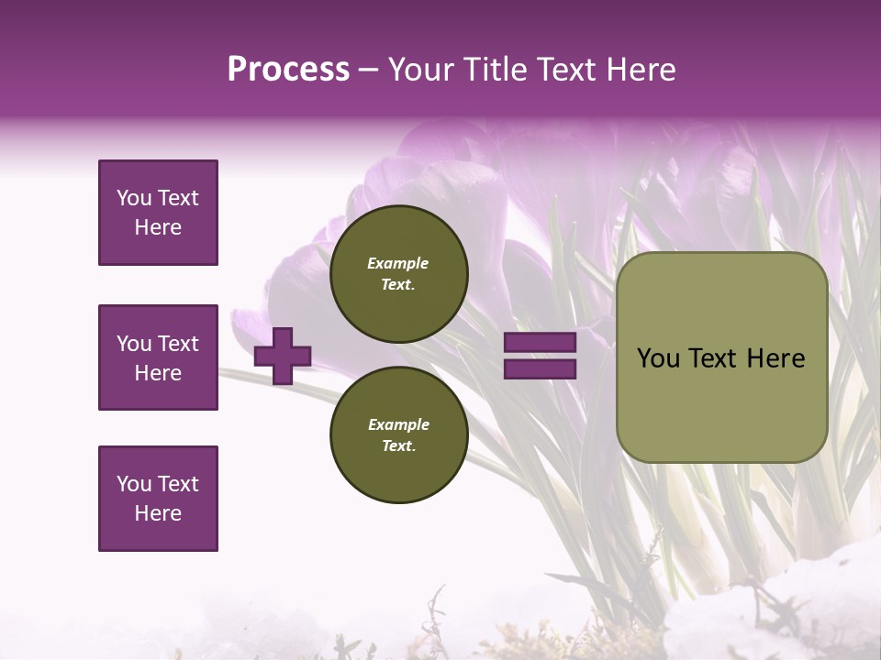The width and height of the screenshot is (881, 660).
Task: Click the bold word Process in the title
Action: (288, 70)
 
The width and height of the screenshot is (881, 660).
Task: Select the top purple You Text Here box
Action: (158, 213)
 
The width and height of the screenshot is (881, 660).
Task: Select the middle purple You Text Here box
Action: (158, 357)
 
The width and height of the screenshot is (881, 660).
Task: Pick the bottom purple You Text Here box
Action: (158, 499)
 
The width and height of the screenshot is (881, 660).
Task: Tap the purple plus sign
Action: (283, 356)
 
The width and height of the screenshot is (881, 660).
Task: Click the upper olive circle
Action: (399, 274)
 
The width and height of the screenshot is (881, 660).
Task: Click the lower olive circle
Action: (399, 435)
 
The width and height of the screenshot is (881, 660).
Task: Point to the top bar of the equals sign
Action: (540, 343)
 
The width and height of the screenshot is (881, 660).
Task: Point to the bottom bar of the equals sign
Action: (540, 368)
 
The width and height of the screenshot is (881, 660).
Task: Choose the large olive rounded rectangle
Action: (721, 357)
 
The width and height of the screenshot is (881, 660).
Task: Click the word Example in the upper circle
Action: (398, 263)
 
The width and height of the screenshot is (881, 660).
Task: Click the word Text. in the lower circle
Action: (398, 446)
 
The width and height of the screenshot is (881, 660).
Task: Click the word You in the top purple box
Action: (134, 198)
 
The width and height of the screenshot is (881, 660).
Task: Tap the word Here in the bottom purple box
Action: (158, 513)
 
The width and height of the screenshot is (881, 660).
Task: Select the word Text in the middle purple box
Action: (178, 344)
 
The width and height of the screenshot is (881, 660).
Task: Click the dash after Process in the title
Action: (368, 70)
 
